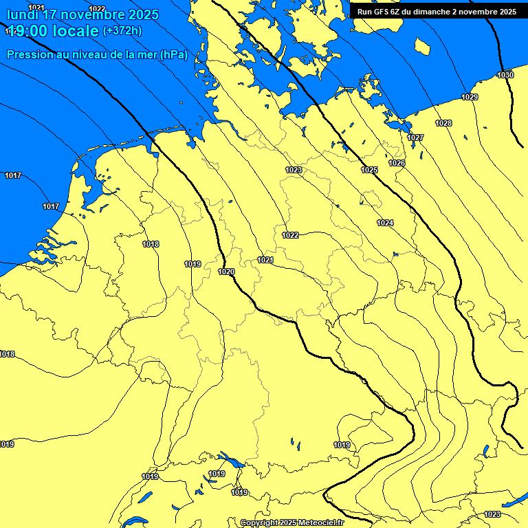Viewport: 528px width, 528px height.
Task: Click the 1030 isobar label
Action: click(x=505, y=75)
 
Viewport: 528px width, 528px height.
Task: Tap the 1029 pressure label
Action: click(x=470, y=97)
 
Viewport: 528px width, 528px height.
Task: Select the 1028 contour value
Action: click(x=443, y=123)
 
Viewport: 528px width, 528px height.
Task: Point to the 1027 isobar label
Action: click(x=415, y=138)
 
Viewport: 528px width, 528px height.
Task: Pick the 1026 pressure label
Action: click(x=397, y=163)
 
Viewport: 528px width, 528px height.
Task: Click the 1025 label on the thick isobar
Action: click(x=369, y=170)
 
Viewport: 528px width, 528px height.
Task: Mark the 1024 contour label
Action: click(x=385, y=223)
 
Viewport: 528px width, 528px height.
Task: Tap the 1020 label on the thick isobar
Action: click(x=226, y=272)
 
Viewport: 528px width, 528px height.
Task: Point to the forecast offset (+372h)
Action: click(x=122, y=31)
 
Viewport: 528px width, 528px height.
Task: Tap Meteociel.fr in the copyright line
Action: click(x=320, y=523)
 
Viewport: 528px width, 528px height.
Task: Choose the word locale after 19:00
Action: click(x=76, y=31)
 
